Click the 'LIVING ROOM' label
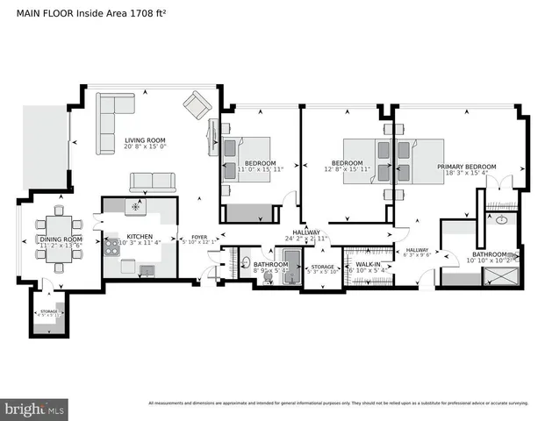[145, 139]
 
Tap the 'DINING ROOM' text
[60, 239]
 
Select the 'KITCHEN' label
[140, 237]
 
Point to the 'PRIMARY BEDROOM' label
[466, 167]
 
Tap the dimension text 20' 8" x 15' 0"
[145, 146]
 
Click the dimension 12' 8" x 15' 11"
[347, 169]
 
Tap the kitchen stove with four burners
[112, 247]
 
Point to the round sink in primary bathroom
[502, 220]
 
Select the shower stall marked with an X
[501, 275]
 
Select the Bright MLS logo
[35, 409]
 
